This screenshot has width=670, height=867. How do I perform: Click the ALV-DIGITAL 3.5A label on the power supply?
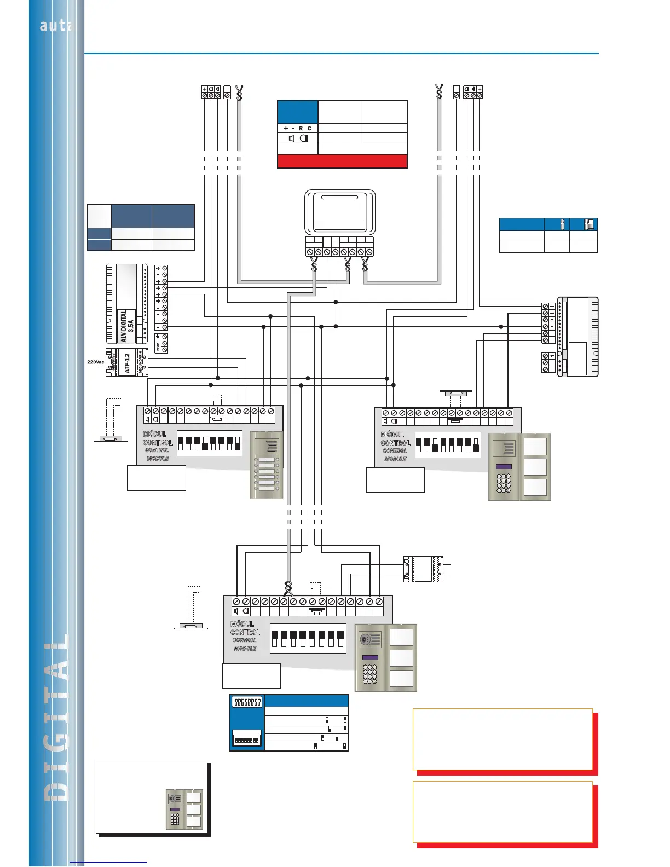click(x=127, y=326)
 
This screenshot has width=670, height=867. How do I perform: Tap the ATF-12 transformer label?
click(x=128, y=363)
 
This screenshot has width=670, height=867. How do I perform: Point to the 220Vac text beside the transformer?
click(x=96, y=362)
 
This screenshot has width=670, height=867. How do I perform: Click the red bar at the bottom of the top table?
click(x=342, y=161)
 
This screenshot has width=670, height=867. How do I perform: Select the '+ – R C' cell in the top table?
click(x=298, y=128)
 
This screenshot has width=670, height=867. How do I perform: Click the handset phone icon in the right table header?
click(x=589, y=224)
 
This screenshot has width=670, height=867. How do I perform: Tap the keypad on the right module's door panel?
click(x=504, y=483)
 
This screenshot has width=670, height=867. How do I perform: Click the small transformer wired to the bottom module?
click(x=423, y=569)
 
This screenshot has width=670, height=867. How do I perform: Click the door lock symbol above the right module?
click(x=455, y=392)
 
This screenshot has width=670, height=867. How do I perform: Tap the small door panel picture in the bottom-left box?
click(x=184, y=809)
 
